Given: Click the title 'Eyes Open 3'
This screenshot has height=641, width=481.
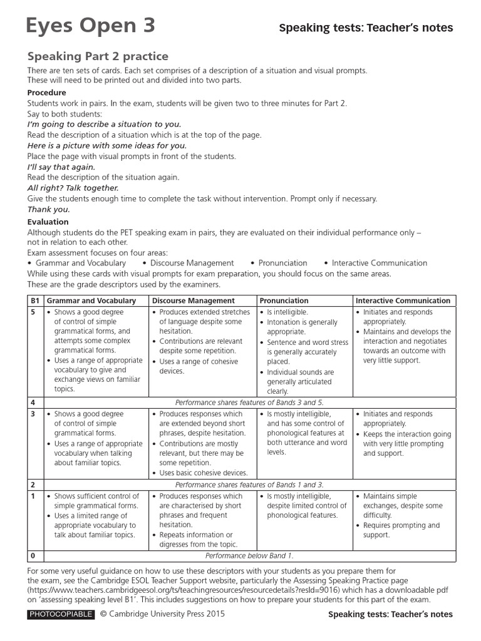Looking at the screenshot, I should pos(90,26).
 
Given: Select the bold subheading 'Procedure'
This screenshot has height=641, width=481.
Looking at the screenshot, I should pos(46,93).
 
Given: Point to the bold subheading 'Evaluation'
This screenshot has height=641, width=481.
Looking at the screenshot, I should pos(48,222).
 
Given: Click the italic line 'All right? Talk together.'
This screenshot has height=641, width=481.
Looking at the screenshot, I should pos(73,188).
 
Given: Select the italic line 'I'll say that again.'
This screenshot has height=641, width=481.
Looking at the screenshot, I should pos(61,167).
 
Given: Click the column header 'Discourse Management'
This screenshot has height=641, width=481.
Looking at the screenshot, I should pos(194,300).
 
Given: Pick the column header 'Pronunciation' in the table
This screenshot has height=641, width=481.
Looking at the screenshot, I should pos(284,300).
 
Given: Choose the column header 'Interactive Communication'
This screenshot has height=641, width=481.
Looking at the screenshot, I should pos(403,300).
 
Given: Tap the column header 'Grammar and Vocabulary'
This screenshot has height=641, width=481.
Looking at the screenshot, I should pos(91,300).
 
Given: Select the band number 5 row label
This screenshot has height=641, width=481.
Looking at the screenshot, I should pos(33,312).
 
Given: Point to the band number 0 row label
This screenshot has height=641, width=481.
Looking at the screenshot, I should pos(33,555).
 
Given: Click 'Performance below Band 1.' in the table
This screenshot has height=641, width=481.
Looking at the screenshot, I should pos(249,555).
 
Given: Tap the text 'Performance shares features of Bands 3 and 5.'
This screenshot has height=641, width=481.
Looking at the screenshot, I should pos(249,403).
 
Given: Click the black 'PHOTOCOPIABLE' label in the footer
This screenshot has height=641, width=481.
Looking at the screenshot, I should pos(61,614).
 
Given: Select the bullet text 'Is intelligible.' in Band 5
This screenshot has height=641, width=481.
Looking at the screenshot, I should pos(287,312).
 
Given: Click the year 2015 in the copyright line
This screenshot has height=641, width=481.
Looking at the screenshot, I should pos(213,614).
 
